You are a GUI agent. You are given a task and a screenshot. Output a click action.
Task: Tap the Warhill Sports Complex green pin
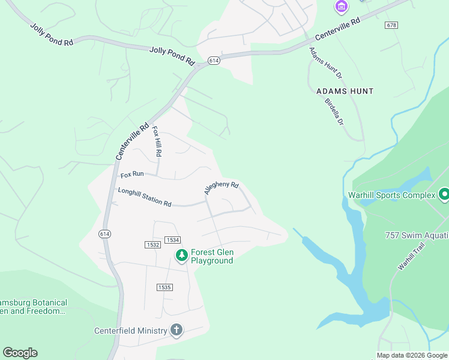click(x=444, y=195)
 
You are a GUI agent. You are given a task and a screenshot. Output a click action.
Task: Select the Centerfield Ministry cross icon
click(x=176, y=330)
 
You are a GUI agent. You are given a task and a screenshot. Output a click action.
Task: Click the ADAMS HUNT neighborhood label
click(x=345, y=91)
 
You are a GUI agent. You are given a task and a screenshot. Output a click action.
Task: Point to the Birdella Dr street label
click(x=334, y=111)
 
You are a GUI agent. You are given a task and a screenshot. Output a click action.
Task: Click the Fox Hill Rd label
click(x=157, y=141)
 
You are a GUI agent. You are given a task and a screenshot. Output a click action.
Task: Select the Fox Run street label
click(x=132, y=175)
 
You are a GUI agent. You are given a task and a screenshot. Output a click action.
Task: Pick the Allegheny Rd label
click(x=221, y=188)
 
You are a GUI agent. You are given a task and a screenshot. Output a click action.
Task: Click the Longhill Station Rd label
click(x=145, y=197)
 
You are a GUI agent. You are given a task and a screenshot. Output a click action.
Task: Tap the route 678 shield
click(x=392, y=25)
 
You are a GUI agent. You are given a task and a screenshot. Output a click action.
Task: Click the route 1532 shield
click(x=152, y=244)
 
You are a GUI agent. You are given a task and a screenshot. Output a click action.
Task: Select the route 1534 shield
click(x=173, y=240)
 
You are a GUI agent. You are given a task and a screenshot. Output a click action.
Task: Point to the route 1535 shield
click(x=164, y=287)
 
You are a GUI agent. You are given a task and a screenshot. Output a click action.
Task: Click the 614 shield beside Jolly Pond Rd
click(x=214, y=61)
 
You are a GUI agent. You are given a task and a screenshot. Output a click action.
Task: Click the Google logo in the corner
click(x=20, y=353)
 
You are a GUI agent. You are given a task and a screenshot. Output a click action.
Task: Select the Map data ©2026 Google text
click(x=411, y=355)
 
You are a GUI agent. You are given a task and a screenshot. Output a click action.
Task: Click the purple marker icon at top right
click(x=341, y=7)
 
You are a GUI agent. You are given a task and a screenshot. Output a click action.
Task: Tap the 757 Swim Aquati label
click(x=417, y=235)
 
